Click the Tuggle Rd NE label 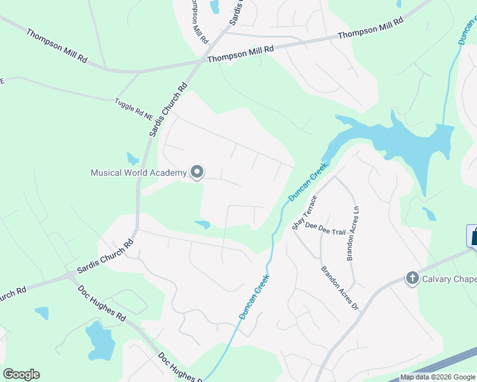coord(135,110)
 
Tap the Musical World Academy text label coord(138,173)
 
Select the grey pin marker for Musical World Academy coord(197,172)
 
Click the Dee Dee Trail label coord(325,229)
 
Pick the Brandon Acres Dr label coord(340,288)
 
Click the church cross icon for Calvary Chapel coord(412,278)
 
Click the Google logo coord(21,374)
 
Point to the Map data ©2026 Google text coord(438,377)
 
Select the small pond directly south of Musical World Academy coord(203,224)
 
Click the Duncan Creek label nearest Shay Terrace coord(308,181)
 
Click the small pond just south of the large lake coord(429,213)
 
